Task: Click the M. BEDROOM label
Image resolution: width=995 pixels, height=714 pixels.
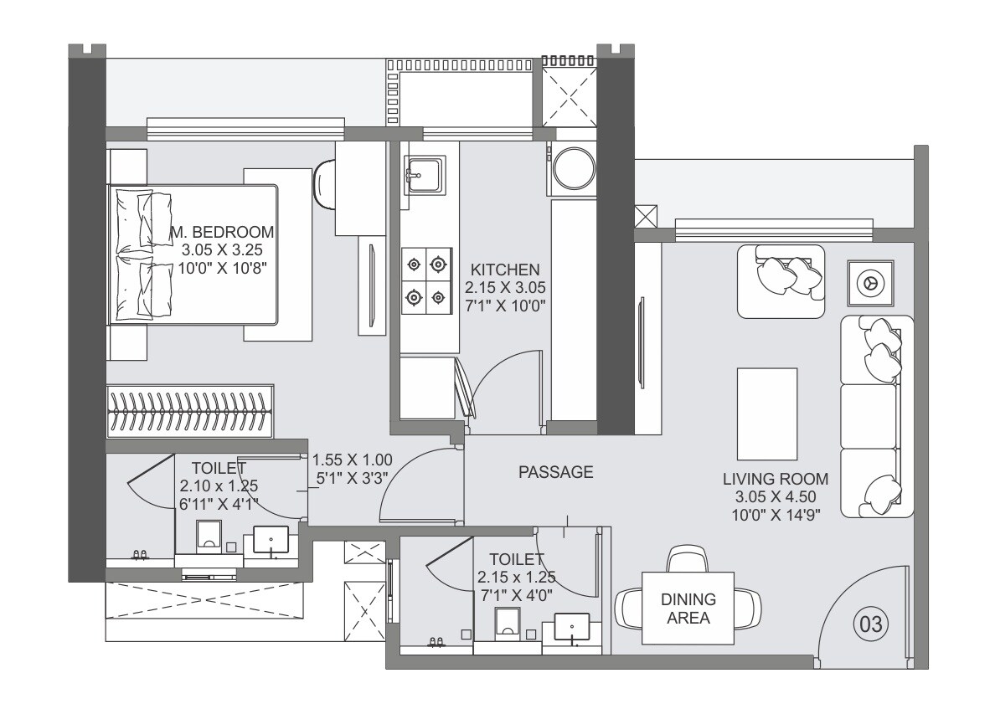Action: [x=223, y=232]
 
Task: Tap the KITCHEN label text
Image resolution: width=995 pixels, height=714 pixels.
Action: [x=505, y=270]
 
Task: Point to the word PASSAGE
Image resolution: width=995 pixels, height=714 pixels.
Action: [x=556, y=472]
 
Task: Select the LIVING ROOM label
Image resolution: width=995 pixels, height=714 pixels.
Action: [x=776, y=479]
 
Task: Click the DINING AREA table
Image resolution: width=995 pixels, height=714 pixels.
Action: [x=688, y=608]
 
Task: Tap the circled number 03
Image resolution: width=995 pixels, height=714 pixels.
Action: [x=871, y=624]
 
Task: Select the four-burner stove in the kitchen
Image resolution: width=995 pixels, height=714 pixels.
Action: [x=426, y=281]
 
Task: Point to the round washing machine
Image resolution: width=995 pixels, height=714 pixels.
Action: [x=574, y=168]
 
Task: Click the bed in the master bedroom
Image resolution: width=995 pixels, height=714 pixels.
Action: [x=194, y=255]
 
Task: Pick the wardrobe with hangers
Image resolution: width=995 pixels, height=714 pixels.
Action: [x=190, y=411]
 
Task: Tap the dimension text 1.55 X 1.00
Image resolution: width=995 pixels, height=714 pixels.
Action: [x=352, y=460]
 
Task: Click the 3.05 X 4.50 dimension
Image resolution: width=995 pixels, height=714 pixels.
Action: [x=776, y=496]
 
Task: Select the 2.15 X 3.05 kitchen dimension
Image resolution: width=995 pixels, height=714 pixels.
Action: [x=505, y=287]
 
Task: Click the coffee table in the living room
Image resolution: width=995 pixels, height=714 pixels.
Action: [x=767, y=414]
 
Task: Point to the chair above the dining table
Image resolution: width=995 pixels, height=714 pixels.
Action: [x=688, y=558]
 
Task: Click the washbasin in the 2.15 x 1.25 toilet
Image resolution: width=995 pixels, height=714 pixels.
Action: [x=572, y=627]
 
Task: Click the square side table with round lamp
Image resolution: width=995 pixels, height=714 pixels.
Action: [x=871, y=282]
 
